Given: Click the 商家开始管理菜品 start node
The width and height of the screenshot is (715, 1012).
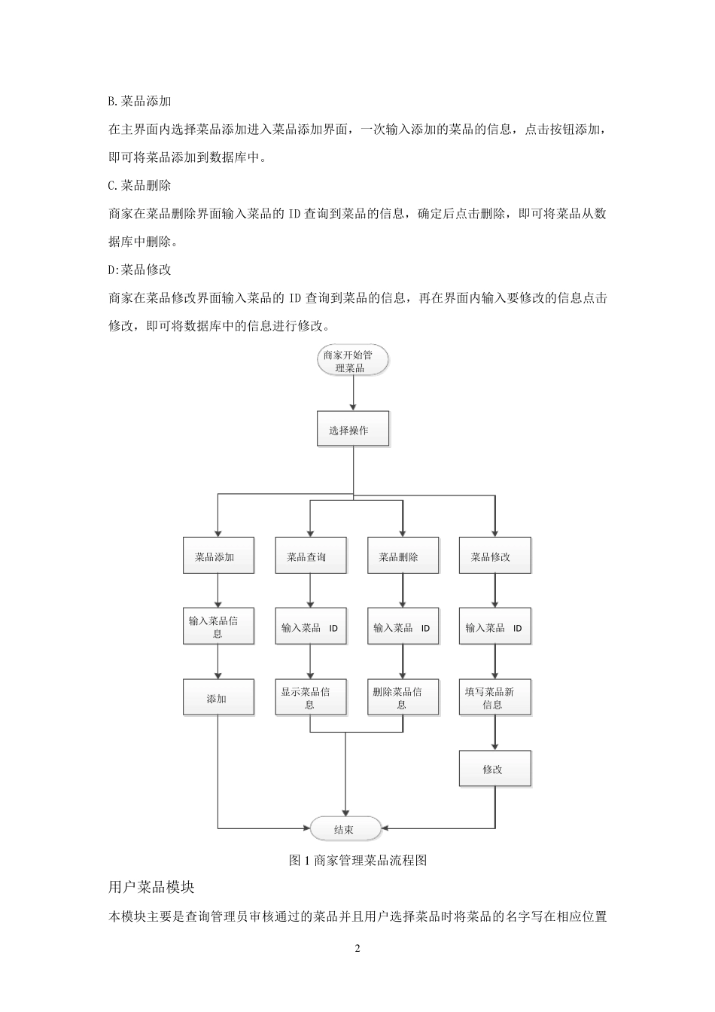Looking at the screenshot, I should point(353,361).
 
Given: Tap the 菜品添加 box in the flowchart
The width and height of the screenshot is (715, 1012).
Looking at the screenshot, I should point(218,556).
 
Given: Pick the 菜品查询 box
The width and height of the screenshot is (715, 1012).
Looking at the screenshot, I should point(310,556).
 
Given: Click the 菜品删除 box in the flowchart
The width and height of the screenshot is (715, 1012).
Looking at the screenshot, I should point(402,556).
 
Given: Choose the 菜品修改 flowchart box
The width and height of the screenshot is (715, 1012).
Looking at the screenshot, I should point(494,556).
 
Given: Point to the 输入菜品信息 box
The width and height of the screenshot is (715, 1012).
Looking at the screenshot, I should point(218,626).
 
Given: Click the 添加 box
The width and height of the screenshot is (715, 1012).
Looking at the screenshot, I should point(218,698).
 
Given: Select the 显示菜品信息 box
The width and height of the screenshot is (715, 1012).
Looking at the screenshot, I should point(310,698).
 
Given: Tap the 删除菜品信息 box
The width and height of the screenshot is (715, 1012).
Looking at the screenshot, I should point(402,698).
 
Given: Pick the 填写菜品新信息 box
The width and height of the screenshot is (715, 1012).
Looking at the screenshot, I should point(494,698).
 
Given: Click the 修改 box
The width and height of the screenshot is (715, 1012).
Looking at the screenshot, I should point(494,769).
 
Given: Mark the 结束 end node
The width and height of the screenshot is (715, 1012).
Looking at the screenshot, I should point(345,829).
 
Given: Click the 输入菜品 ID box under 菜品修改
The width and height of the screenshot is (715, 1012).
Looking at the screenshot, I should point(494,627).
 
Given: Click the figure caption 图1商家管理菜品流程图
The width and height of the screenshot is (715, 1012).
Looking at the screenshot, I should point(357,860).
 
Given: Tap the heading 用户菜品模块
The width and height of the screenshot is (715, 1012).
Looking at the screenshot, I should point(151,887).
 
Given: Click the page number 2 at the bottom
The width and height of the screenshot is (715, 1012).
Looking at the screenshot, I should point(357,948).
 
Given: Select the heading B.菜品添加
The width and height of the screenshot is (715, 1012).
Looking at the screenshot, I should point(140,101).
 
